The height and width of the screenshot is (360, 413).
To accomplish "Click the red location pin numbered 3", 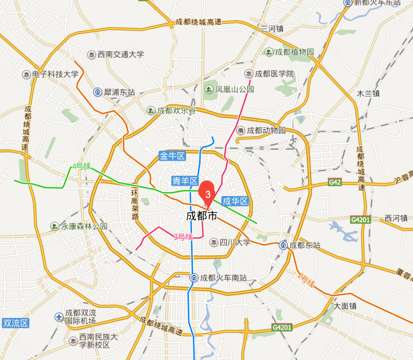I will point(208,193).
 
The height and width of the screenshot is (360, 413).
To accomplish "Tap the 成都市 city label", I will point(202,216).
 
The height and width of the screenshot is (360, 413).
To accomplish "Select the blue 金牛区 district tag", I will point(172,156).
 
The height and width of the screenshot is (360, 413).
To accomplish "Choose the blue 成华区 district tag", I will point(235,201).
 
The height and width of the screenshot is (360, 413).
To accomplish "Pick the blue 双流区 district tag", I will point(16,323).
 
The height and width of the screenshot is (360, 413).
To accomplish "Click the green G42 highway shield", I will point(335,182).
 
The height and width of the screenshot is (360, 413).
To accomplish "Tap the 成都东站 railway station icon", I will point(283,245).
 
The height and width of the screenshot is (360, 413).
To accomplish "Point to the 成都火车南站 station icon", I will point(194,278).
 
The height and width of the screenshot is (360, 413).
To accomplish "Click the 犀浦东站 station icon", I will point(98,92).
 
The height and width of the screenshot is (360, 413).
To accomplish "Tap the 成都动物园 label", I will point(267,130).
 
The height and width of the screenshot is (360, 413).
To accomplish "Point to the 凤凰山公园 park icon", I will point(209,89).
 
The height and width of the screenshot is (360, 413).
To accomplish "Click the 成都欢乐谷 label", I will point(176,111).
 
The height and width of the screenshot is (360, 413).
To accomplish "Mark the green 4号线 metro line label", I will point(81,166).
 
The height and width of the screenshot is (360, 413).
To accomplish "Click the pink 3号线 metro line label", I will point(183,237).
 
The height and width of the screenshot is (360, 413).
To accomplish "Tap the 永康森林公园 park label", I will point(84,226).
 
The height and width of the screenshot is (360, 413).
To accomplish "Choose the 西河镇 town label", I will point(396,218).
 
